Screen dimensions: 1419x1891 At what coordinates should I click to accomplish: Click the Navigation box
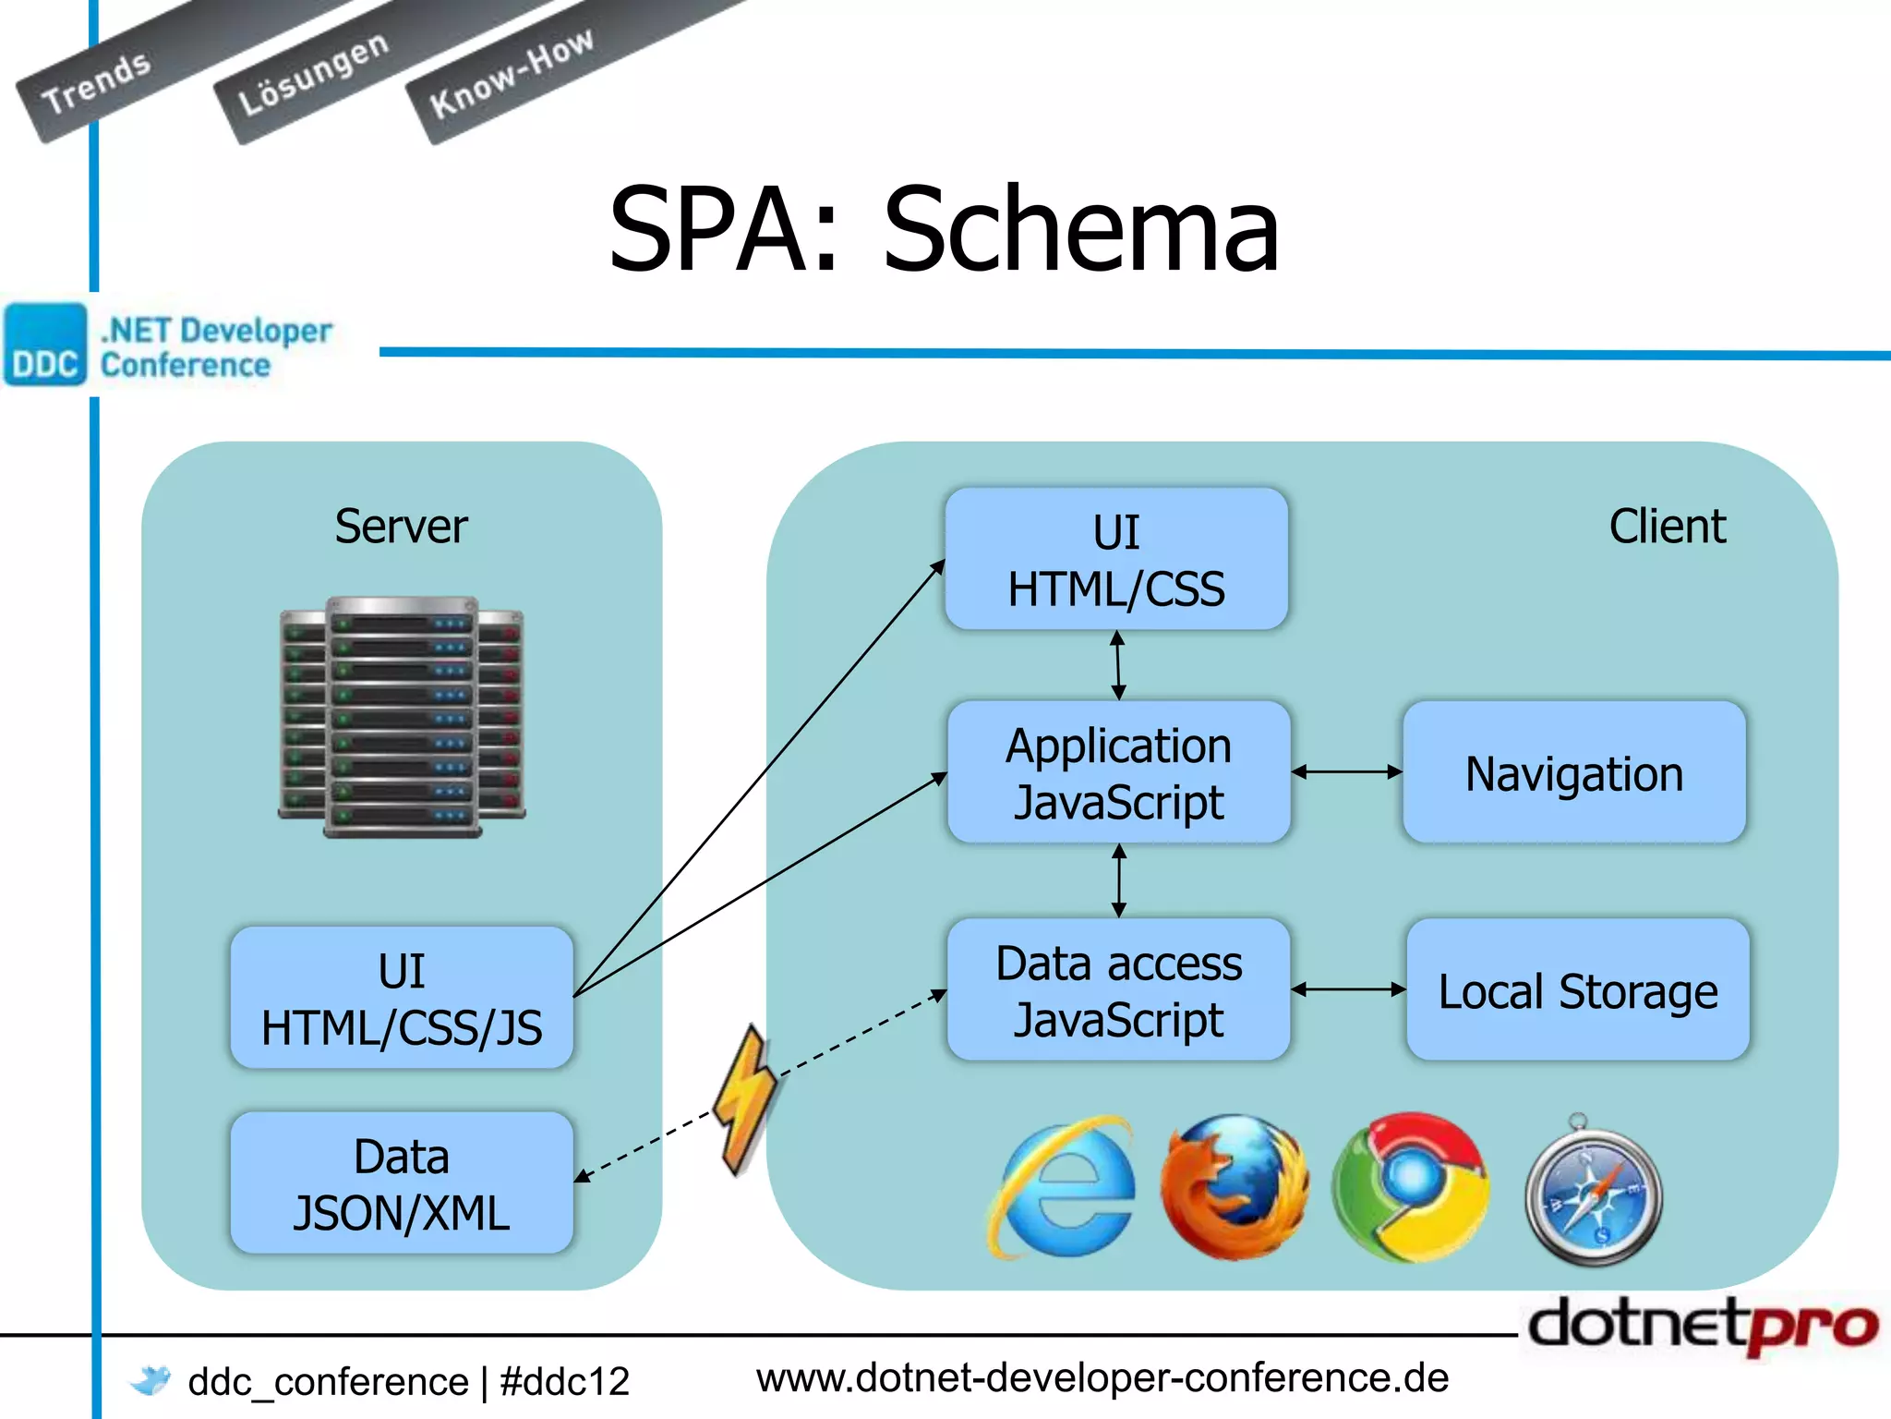pyautogui.click(x=1573, y=772)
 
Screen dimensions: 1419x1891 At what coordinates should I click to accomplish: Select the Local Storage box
pyautogui.click(x=1577, y=989)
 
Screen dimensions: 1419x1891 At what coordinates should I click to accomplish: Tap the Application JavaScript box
pyautogui.click(x=1118, y=772)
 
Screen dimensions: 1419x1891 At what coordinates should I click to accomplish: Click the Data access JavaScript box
pyautogui.click(x=1118, y=989)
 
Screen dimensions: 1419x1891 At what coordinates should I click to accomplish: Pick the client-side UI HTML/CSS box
pyautogui.click(x=1116, y=559)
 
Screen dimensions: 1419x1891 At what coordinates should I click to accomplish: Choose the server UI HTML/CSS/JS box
pyautogui.click(x=402, y=998)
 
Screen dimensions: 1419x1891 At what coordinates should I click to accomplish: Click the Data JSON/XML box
pyautogui.click(x=402, y=1182)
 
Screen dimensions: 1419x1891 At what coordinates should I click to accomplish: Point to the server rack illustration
pyautogui.click(x=402, y=717)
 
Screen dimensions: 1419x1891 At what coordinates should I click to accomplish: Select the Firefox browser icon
pyautogui.click(x=1235, y=1187)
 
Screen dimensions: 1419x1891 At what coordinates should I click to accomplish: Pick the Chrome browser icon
pyautogui.click(x=1410, y=1187)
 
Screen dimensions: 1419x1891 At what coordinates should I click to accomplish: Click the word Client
pyautogui.click(x=1667, y=527)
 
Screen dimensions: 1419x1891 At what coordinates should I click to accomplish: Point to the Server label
pyautogui.click(x=401, y=527)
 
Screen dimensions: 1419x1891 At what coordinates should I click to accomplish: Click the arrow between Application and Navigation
pyautogui.click(x=1346, y=772)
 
